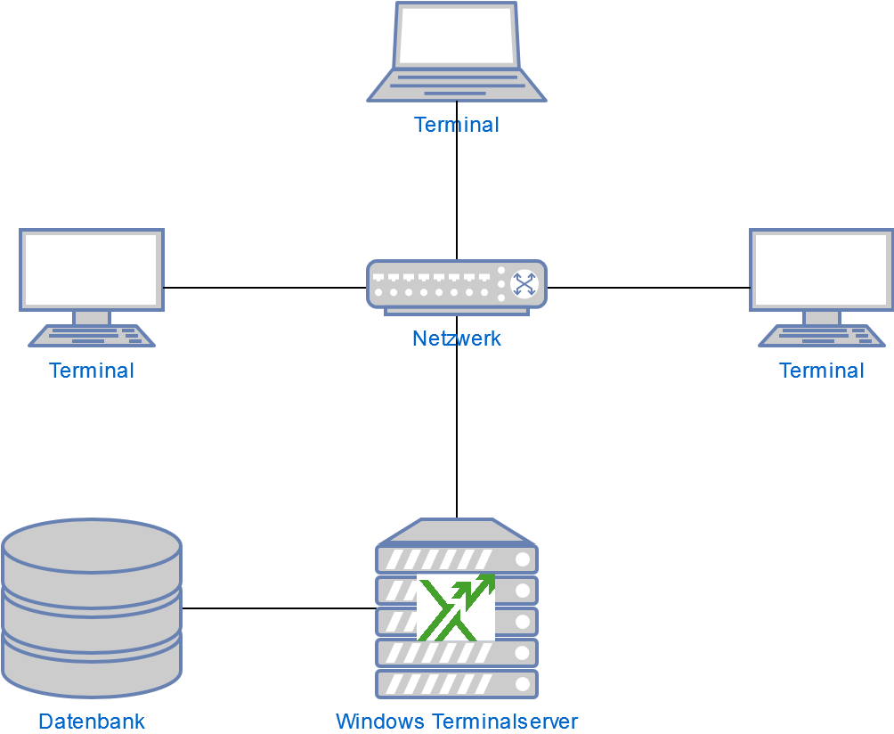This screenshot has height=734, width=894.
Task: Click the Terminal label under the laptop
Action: pyautogui.click(x=457, y=125)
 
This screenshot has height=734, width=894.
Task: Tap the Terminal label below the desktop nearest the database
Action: pyautogui.click(x=92, y=371)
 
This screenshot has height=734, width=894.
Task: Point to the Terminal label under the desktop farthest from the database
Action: pyautogui.click(x=821, y=371)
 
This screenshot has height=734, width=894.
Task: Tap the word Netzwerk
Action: pyautogui.click(x=457, y=338)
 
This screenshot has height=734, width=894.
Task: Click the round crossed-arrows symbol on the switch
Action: pyautogui.click(x=524, y=283)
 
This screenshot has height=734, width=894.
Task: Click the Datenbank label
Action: pyautogui.click(x=92, y=722)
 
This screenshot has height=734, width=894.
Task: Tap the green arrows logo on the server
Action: pyautogui.click(x=456, y=608)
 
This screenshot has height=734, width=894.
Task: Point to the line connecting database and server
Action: pyautogui.click(x=276, y=608)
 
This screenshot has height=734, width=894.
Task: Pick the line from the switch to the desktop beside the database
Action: pyautogui.click(x=267, y=288)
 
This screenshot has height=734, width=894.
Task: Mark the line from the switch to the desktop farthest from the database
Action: pyautogui.click(x=650, y=288)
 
